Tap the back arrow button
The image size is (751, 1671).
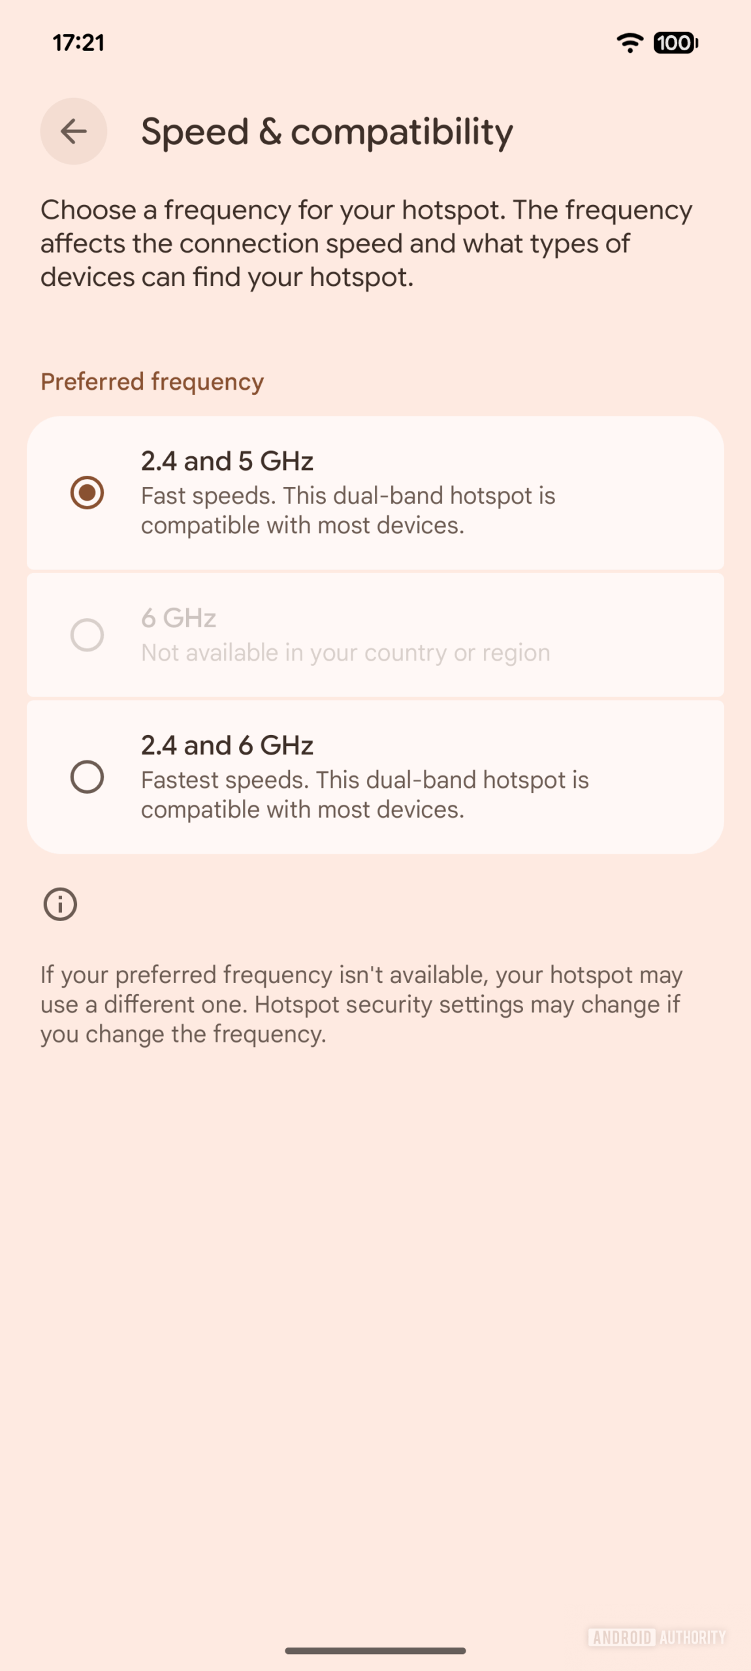click(74, 131)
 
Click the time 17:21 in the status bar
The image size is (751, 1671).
click(78, 43)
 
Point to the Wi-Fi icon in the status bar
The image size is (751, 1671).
click(630, 43)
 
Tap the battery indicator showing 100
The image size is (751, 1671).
click(675, 43)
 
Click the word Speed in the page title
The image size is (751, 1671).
click(195, 132)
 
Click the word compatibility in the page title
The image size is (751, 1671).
click(402, 133)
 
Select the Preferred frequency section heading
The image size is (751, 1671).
click(152, 381)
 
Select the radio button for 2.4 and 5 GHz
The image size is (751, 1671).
click(87, 492)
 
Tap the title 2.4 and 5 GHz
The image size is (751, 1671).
click(227, 461)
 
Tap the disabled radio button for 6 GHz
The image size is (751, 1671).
click(87, 634)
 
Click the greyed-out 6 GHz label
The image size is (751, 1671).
click(178, 617)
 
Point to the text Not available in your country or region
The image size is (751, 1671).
click(345, 653)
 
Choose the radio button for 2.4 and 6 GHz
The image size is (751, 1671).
click(87, 777)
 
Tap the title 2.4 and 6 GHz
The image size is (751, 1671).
click(227, 745)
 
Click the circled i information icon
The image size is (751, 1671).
click(60, 904)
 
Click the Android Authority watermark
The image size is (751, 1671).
click(656, 1637)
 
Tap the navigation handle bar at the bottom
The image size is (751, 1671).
click(375, 1651)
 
